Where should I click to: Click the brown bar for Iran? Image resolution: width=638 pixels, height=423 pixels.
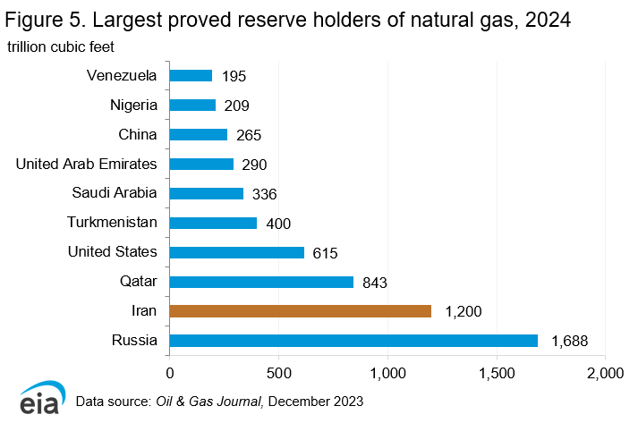[x=300, y=311]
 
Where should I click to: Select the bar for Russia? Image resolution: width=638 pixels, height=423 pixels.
[x=353, y=341]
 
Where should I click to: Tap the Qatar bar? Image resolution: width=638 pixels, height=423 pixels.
[x=261, y=282]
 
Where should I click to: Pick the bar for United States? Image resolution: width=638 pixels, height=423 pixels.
[x=236, y=252]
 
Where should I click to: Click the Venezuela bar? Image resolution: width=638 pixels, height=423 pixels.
[x=191, y=76]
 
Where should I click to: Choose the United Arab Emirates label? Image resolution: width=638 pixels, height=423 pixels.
[x=87, y=164]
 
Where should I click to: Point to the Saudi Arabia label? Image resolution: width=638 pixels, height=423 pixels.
[x=115, y=193]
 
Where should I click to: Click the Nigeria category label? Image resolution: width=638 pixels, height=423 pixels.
[x=133, y=106]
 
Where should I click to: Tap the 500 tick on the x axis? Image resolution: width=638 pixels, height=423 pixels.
[x=278, y=371]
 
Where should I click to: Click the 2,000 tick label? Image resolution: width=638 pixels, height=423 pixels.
[x=605, y=371]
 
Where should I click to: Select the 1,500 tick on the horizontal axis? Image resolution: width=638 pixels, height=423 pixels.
[x=497, y=371]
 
